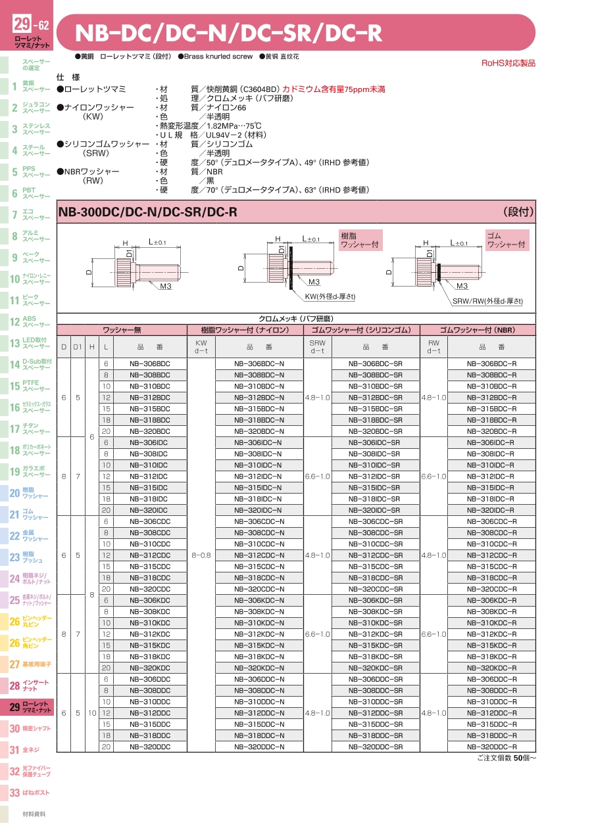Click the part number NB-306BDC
click(149, 363)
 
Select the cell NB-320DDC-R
click(491, 747)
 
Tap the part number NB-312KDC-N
click(259, 634)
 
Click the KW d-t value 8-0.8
click(201, 555)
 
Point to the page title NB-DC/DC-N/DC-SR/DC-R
click(229, 33)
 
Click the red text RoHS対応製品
click(508, 63)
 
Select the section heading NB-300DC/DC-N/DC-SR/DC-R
click(148, 212)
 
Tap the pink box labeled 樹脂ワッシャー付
click(360, 240)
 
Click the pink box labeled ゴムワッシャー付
click(506, 240)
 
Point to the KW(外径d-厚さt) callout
click(330, 296)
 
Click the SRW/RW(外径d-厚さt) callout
click(488, 300)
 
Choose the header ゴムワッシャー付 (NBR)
click(478, 330)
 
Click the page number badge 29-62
click(31, 25)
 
